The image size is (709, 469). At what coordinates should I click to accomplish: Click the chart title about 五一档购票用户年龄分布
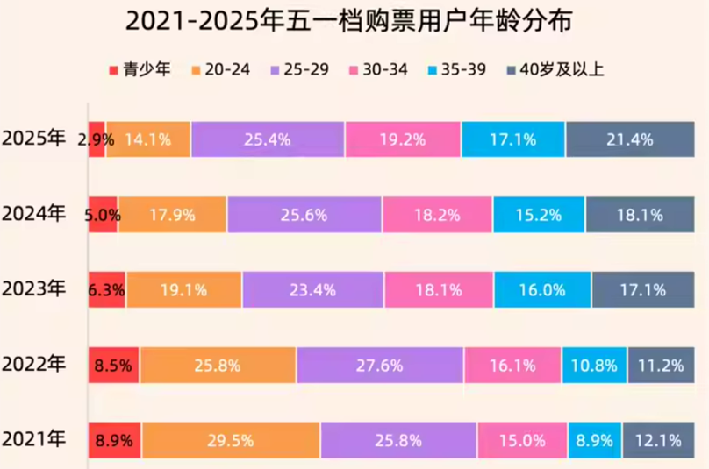point(354,22)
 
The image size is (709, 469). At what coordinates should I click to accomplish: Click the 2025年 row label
point(34,139)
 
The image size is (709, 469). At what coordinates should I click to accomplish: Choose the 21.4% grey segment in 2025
point(630,139)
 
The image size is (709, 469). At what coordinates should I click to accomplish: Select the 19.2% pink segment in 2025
point(402,139)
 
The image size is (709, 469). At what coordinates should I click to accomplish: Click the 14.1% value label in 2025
point(147,139)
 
